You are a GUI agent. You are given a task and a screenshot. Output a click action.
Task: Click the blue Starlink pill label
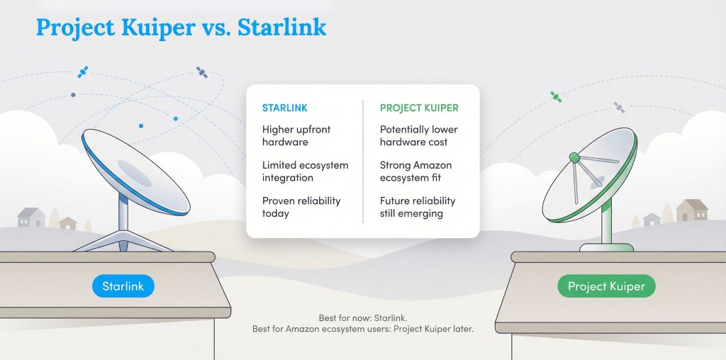pyautogui.click(x=123, y=286)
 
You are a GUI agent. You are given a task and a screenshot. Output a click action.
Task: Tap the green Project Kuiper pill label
pyautogui.click(x=605, y=286)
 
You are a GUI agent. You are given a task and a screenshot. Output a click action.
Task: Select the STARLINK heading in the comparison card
pyautogui.click(x=284, y=108)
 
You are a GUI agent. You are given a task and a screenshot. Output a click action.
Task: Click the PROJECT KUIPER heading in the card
pyautogui.click(x=419, y=108)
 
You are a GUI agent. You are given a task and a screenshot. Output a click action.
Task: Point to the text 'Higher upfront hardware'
pyautogui.click(x=296, y=136)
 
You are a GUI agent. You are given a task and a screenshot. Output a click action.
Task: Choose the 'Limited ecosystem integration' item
pyautogui.click(x=305, y=171)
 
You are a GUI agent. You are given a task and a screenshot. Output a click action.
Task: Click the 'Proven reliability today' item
pyautogui.click(x=301, y=207)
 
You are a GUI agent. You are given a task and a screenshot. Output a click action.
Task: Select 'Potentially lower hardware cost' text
pyautogui.click(x=419, y=136)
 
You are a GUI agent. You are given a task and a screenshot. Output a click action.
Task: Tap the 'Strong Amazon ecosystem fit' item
pyautogui.click(x=415, y=171)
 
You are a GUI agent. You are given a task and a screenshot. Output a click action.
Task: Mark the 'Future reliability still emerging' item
pyautogui.click(x=418, y=207)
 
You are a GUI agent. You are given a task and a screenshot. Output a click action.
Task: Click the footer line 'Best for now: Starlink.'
pyautogui.click(x=362, y=318)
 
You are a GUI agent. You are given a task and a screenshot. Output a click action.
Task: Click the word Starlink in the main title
pyautogui.click(x=282, y=27)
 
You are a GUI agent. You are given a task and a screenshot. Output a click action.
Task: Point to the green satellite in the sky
pyautogui.click(x=556, y=97)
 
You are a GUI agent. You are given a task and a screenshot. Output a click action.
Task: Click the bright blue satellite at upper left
pyautogui.click(x=83, y=72)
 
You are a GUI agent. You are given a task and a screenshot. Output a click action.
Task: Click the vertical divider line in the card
pyautogui.click(x=363, y=161)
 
